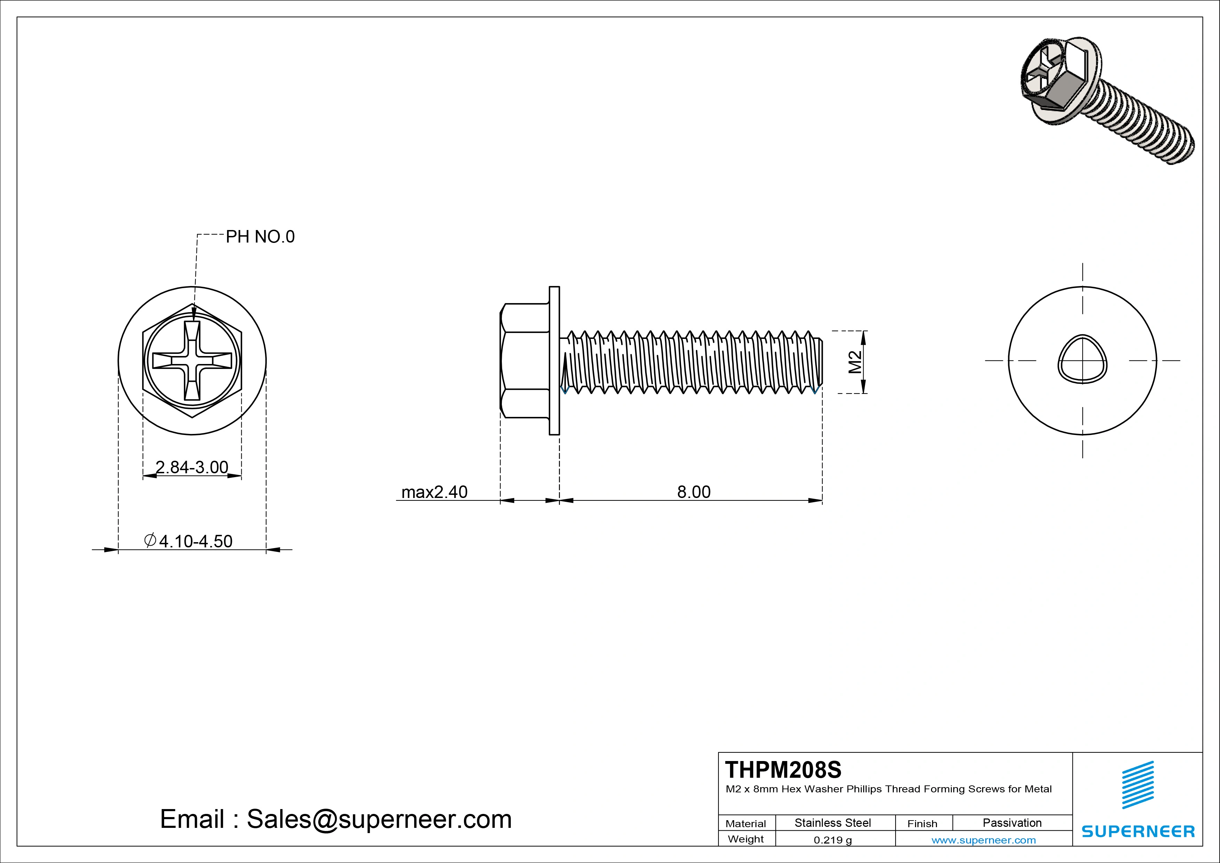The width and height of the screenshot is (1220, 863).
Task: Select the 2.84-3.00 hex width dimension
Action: (x=192, y=467)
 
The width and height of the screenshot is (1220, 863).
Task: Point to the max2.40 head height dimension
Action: (x=434, y=492)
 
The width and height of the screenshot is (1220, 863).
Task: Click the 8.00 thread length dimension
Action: (x=693, y=492)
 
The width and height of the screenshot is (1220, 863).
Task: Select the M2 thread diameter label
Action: (x=855, y=362)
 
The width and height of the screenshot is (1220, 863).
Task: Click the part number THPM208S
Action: (x=783, y=769)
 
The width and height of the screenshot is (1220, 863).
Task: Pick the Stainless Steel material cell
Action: (x=832, y=823)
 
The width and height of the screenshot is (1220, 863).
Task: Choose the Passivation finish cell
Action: (x=1012, y=823)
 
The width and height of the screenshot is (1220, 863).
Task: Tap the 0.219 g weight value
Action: (x=832, y=840)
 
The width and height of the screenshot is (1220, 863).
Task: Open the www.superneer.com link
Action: (x=983, y=840)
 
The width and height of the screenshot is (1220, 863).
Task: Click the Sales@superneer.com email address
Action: (x=379, y=819)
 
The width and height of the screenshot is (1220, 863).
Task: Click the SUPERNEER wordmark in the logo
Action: (x=1138, y=831)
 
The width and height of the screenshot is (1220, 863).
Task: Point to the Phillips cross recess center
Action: (x=192, y=361)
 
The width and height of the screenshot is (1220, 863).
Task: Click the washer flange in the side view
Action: (x=554, y=361)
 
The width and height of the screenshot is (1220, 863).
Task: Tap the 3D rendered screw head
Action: (x=1057, y=85)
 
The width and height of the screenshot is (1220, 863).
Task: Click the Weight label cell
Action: (x=746, y=839)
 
